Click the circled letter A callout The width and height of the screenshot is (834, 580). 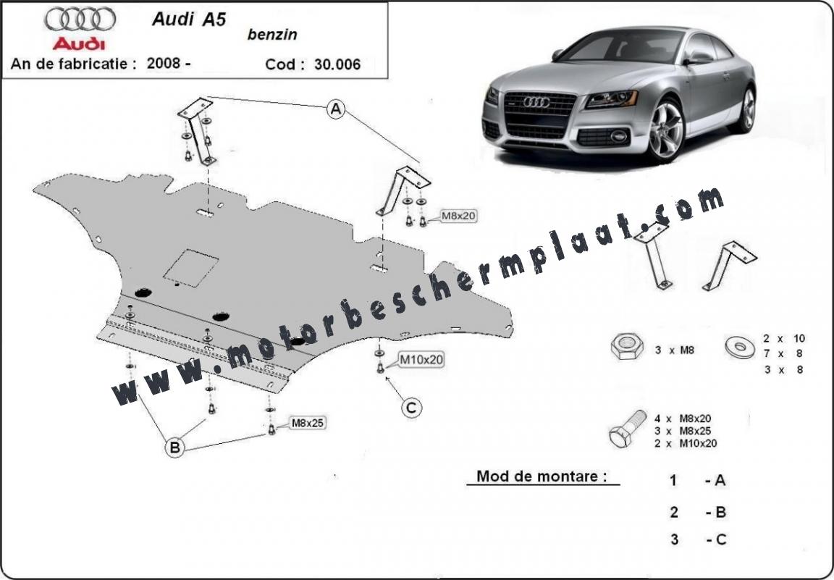tap(336, 109)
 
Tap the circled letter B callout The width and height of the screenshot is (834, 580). tap(174, 447)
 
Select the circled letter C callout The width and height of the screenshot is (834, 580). tap(411, 408)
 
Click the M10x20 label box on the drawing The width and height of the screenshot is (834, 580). tap(421, 360)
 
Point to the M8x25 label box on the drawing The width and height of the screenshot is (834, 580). tap(308, 423)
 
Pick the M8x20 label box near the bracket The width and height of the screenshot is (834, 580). tap(458, 216)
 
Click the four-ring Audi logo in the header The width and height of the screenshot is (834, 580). tap(80, 20)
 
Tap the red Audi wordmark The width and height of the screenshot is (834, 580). tap(79, 43)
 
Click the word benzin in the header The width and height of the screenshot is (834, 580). tap(272, 35)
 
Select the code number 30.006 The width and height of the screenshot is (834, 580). tap(337, 64)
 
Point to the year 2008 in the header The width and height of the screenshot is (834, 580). tap(164, 63)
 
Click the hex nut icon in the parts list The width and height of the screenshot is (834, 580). tap(627, 346)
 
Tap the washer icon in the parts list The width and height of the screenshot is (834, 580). tap(740, 347)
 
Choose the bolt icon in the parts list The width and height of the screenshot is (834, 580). tap(628, 429)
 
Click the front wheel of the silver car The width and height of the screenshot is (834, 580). tap(665, 130)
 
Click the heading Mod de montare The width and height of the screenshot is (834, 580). tap(542, 476)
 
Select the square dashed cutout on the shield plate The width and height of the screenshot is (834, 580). tap(191, 268)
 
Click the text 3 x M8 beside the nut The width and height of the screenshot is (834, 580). tap(675, 350)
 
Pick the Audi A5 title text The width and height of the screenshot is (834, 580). tap(189, 19)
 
